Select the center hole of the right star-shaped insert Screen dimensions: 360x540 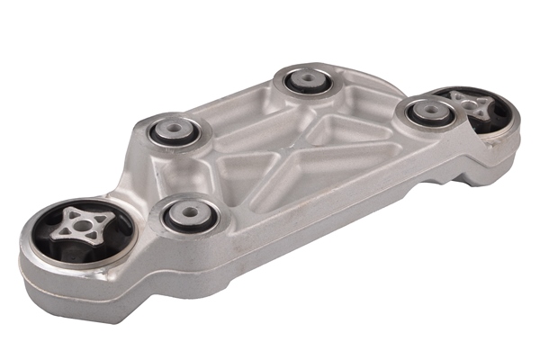coord(466,104)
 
